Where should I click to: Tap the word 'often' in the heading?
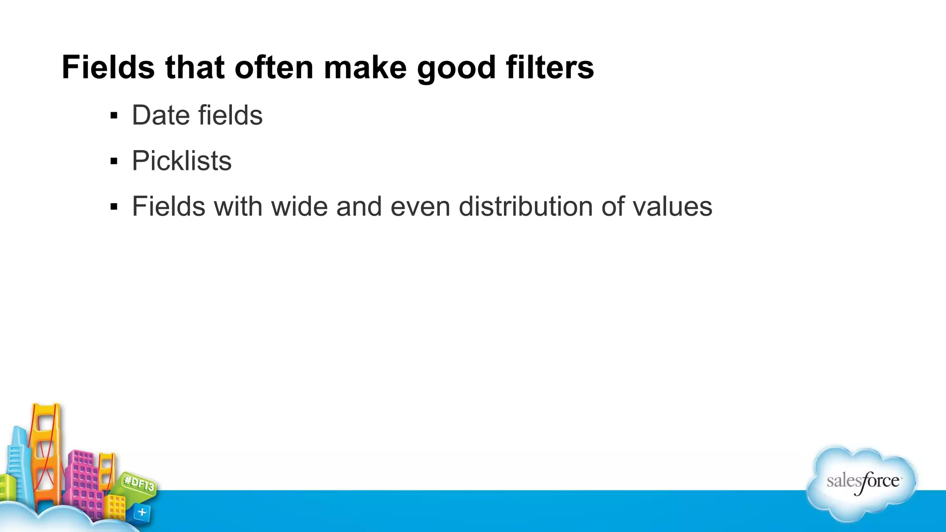coord(274,67)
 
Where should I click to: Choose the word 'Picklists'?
coord(182,161)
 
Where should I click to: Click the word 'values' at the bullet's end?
coord(672,206)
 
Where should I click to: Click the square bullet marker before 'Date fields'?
coord(114,115)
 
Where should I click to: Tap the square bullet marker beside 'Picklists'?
coord(114,161)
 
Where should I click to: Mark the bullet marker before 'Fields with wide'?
coord(114,207)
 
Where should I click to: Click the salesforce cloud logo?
coord(862,483)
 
